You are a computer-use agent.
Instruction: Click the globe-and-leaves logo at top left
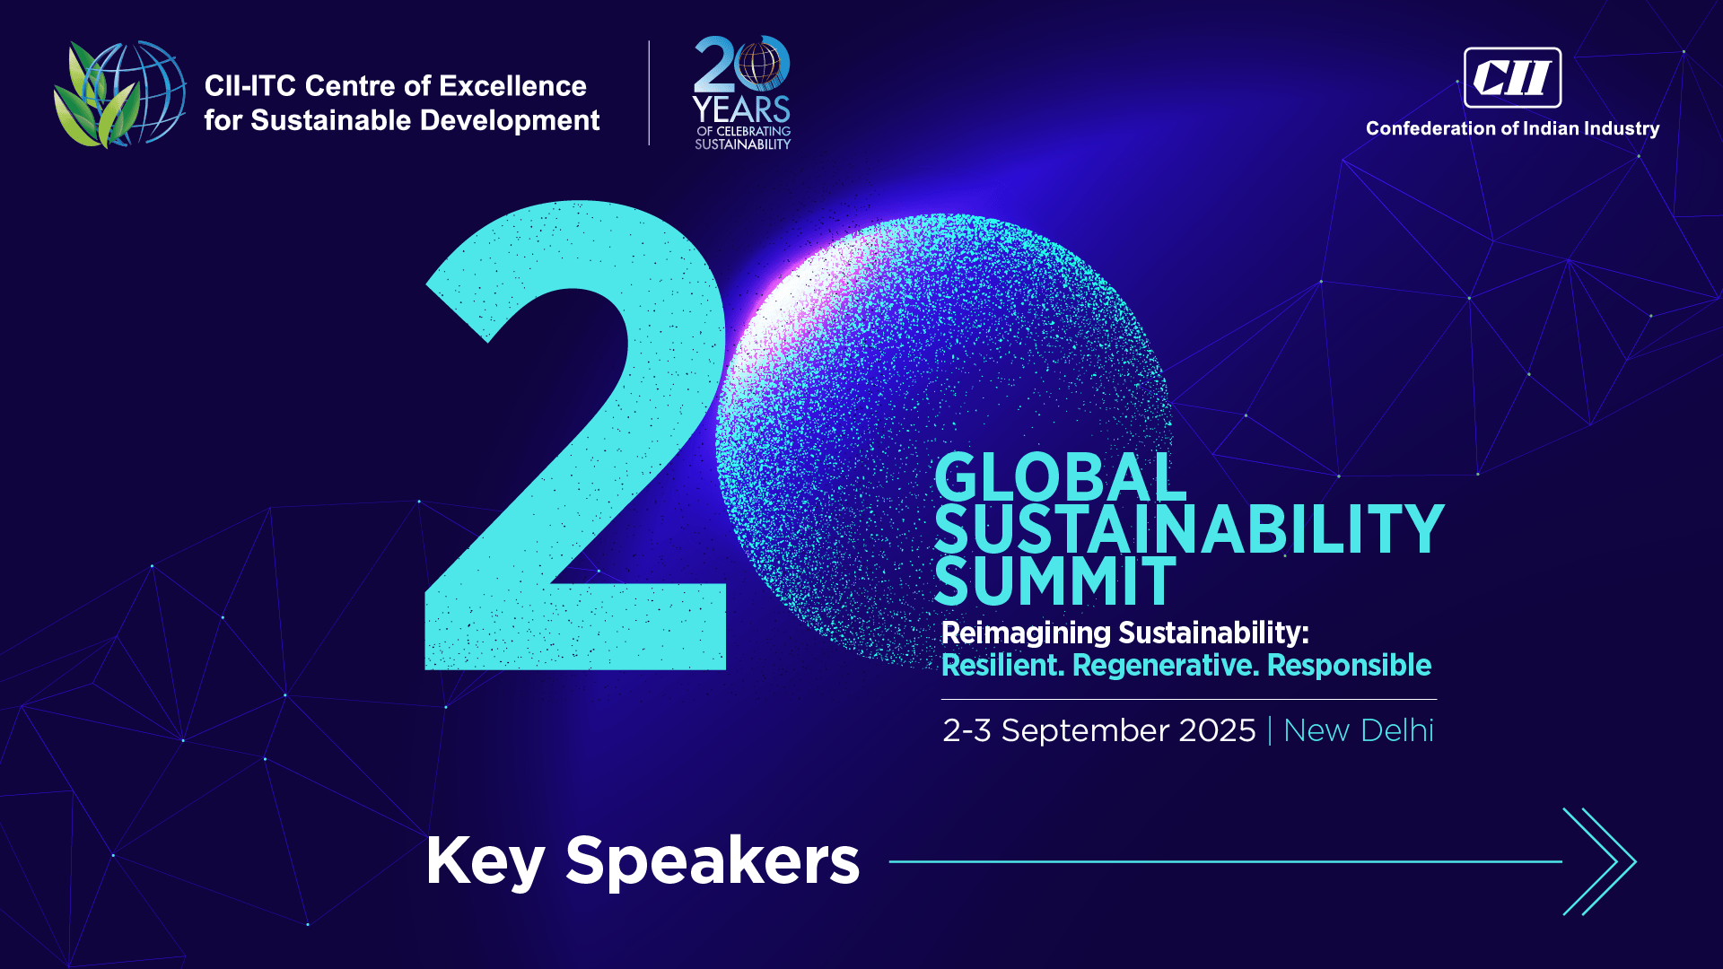coord(119,93)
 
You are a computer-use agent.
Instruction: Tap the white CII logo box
coord(1512,77)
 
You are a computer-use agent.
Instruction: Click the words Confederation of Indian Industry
coord(1512,128)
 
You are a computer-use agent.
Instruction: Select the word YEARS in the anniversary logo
coord(741,109)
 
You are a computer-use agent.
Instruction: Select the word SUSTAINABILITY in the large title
coord(1189,529)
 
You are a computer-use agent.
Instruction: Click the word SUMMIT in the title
coord(1054,581)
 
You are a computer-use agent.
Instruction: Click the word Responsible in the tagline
coord(1349,665)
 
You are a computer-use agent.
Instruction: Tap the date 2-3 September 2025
coord(1098,730)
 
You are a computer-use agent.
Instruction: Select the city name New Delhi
coord(1359,730)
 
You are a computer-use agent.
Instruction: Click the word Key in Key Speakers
coord(485,861)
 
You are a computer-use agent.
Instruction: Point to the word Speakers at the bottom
coord(713,861)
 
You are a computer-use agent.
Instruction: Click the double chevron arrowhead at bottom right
coord(1600,861)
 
